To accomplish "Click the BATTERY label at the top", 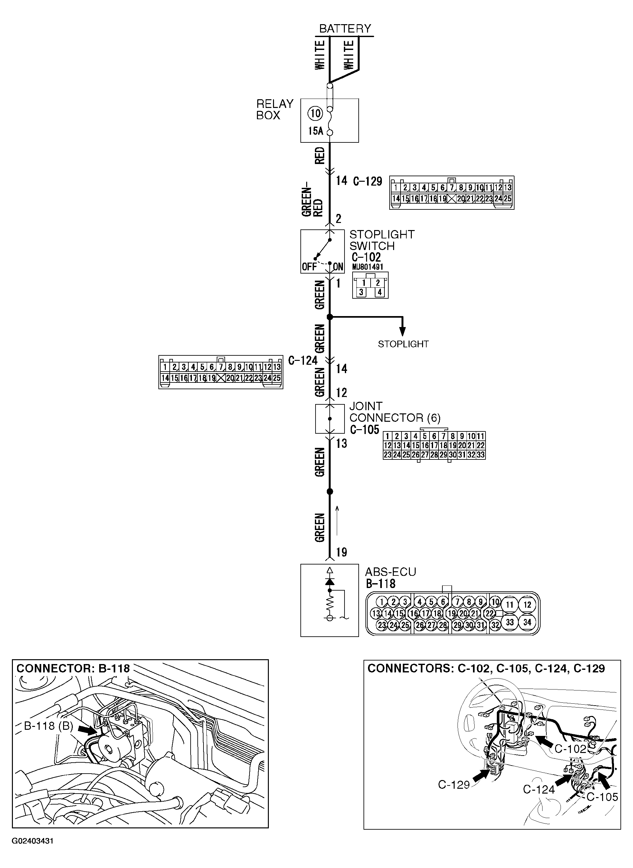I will click(x=345, y=29).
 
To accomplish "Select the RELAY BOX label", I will click(x=274, y=110).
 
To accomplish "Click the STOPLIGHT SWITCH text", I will click(x=381, y=240).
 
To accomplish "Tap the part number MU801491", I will click(x=367, y=266).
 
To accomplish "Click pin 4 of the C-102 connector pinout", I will click(x=379, y=292).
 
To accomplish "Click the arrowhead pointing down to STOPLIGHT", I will click(x=402, y=332).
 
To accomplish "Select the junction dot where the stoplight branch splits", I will click(x=329, y=317).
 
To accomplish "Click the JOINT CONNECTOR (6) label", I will click(x=395, y=412).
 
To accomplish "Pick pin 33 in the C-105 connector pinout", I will click(x=480, y=455).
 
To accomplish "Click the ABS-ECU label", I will click(x=390, y=572).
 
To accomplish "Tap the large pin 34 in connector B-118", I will click(x=527, y=622).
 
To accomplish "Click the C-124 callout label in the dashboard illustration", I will click(x=539, y=789).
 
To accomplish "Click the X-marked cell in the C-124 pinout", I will click(x=221, y=378).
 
